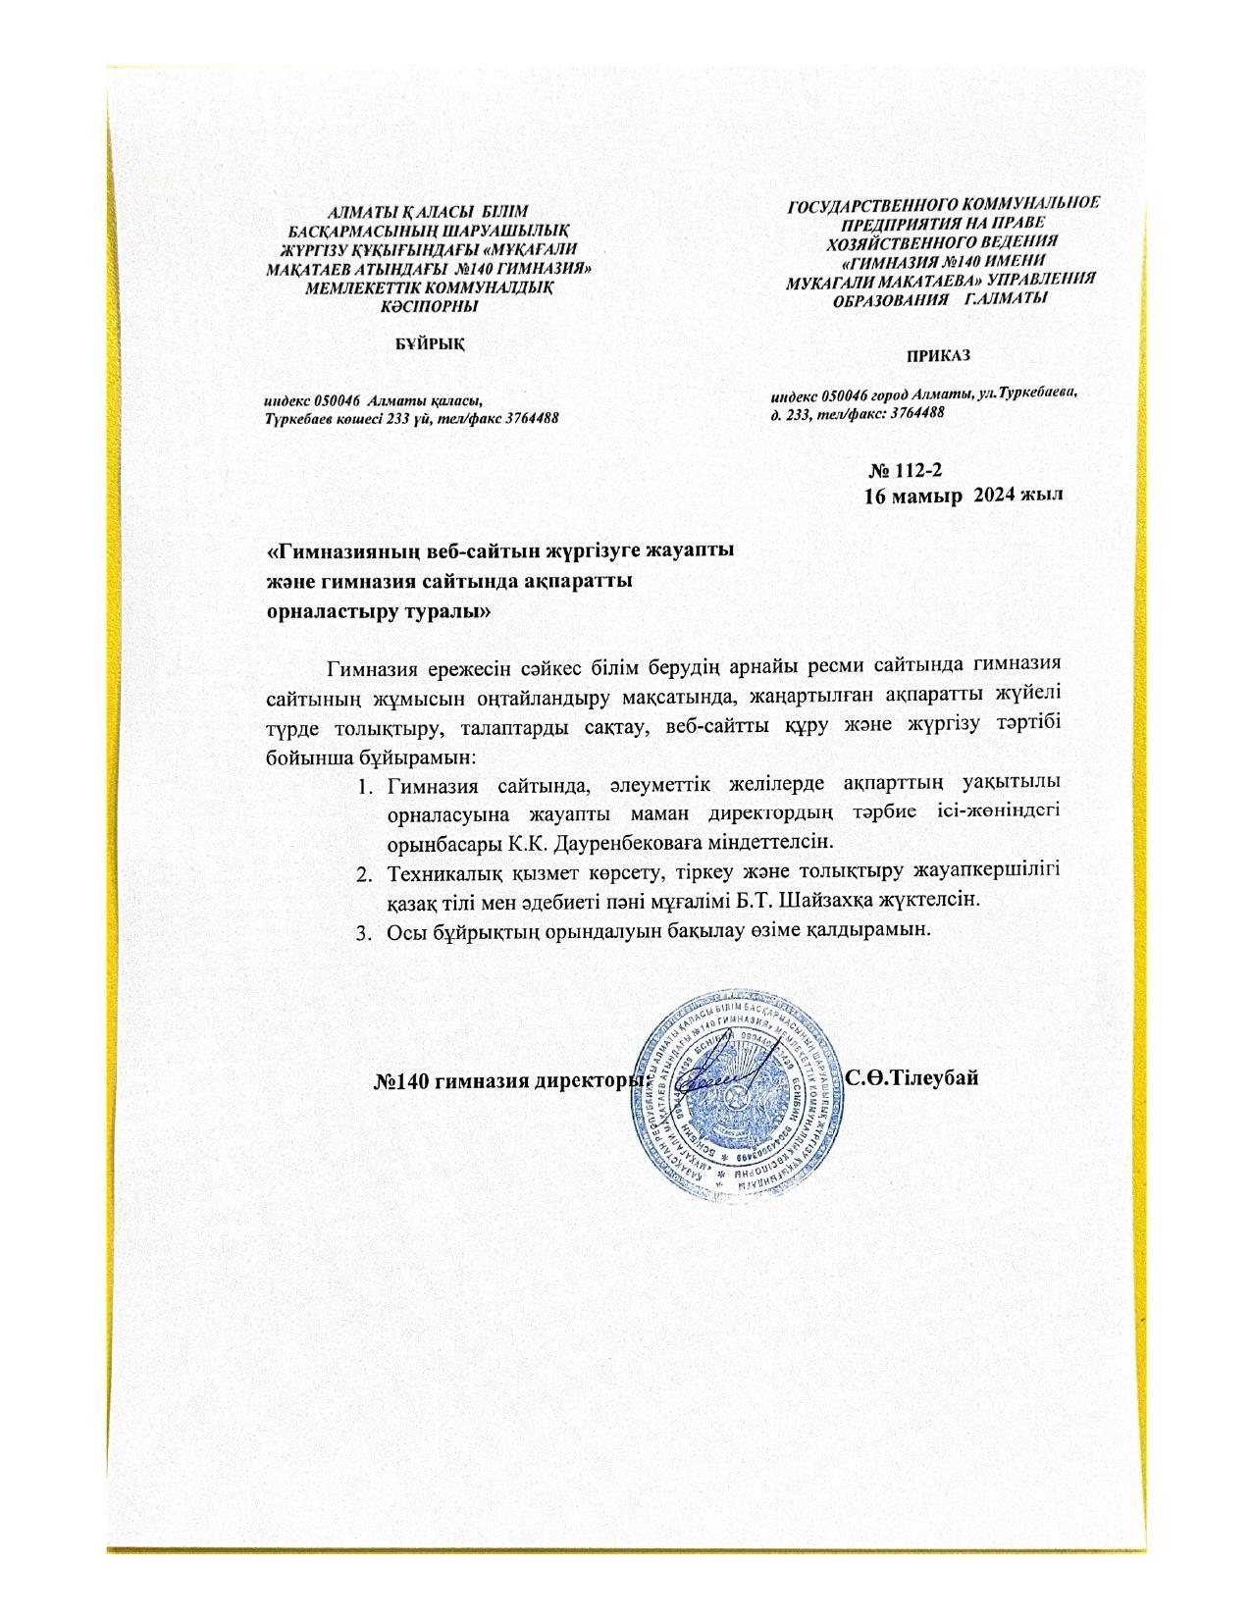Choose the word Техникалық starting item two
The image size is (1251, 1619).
[x=443, y=872]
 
